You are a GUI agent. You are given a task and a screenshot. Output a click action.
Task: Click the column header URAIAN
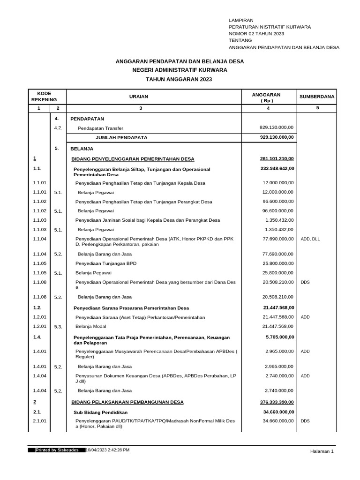(138, 97)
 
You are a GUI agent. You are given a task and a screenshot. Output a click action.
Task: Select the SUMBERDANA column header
(317, 97)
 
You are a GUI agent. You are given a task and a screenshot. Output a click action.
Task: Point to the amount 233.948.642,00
(277, 168)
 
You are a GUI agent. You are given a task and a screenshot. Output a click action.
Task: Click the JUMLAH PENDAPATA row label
(121, 138)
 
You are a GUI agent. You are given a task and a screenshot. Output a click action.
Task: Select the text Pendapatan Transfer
(100, 128)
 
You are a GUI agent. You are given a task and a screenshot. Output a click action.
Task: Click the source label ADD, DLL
(310, 239)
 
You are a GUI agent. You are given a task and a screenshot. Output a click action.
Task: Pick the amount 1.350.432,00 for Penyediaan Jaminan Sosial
(279, 220)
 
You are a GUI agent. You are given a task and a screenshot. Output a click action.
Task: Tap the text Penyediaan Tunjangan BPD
(106, 263)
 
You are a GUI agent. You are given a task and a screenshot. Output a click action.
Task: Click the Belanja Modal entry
(91, 326)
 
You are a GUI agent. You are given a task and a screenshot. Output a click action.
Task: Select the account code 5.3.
(58, 327)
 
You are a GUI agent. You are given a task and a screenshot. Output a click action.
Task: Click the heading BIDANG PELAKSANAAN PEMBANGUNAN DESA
(127, 402)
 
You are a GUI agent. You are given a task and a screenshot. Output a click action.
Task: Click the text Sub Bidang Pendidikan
(101, 412)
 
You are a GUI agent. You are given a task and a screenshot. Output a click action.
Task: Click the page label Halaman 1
(322, 451)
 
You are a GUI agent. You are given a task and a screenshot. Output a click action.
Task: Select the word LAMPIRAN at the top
(241, 21)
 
